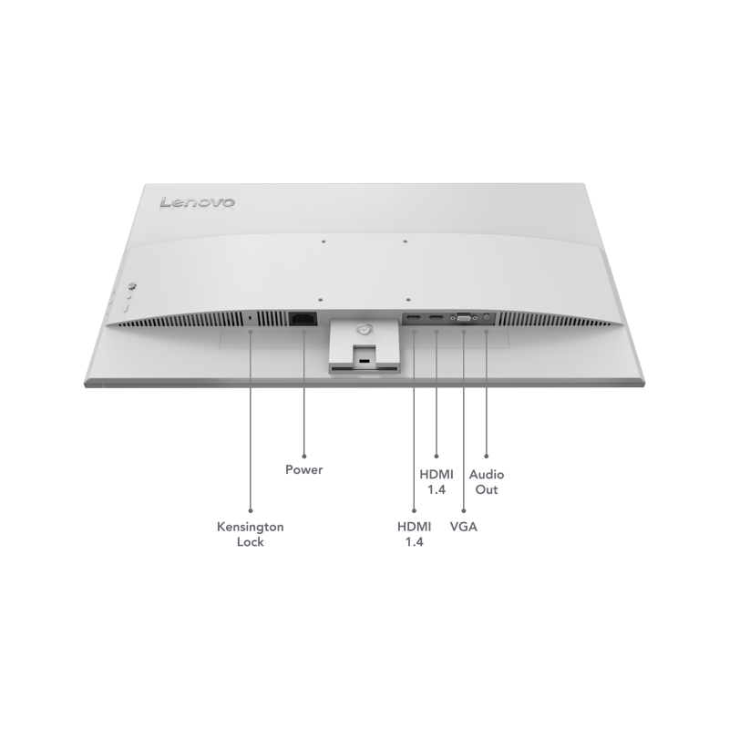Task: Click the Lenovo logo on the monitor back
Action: click(x=197, y=202)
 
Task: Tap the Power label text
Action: click(x=304, y=469)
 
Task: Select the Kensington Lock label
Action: click(x=250, y=534)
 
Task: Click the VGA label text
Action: click(x=464, y=527)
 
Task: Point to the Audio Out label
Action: click(x=487, y=482)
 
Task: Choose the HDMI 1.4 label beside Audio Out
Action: click(x=436, y=482)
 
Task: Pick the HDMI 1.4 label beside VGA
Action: click(x=414, y=534)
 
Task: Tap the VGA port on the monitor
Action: click(x=464, y=318)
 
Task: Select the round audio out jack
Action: click(x=487, y=316)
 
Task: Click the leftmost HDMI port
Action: click(x=413, y=318)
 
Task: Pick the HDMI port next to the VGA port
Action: click(x=436, y=318)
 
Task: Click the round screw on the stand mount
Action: click(x=363, y=329)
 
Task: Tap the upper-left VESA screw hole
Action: click(x=323, y=241)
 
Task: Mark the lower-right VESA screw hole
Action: click(x=407, y=301)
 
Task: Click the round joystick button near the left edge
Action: click(x=132, y=286)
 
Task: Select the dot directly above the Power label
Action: click(x=304, y=457)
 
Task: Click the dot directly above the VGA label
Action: click(x=464, y=511)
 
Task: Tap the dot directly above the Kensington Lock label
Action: click(x=251, y=510)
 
